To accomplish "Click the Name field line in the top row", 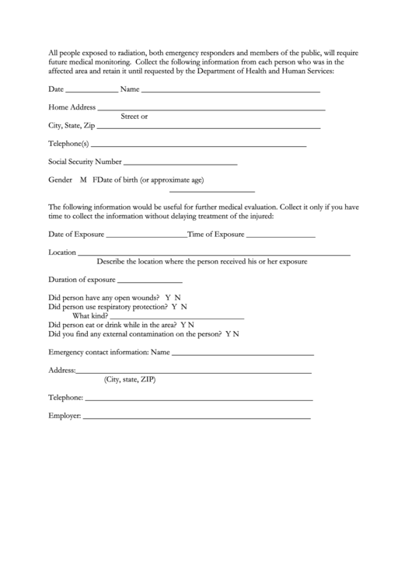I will pyautogui.click(x=230, y=92).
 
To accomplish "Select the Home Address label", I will pyautogui.click(x=72, y=107).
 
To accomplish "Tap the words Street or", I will pyautogui.click(x=134, y=117).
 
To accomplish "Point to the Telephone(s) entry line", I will pyautogui.click(x=199, y=145).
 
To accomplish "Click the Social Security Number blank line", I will pyautogui.click(x=180, y=165).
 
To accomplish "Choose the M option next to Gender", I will pyautogui.click(x=83, y=180).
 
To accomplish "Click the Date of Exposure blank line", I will pyautogui.click(x=145, y=235).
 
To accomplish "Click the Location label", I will pyautogui.click(x=62, y=253).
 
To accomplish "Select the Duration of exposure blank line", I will pyautogui.click(x=150, y=281).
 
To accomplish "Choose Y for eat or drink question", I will pyautogui.click(x=183, y=326).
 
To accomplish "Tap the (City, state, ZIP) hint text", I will pyautogui.click(x=130, y=380).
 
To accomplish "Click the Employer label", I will pyautogui.click(x=65, y=416).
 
